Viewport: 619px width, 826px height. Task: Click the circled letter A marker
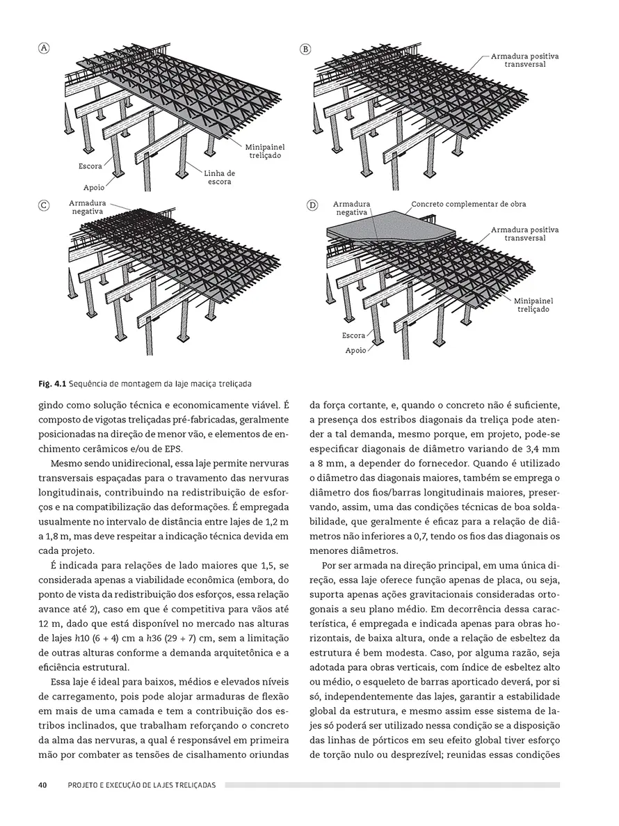click(44, 48)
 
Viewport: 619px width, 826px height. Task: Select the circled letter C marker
click(44, 206)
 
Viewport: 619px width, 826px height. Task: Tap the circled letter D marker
click(312, 206)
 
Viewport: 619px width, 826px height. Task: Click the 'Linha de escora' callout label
click(220, 177)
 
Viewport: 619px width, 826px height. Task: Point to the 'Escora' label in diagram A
click(90, 167)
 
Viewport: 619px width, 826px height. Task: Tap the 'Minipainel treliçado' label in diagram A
click(264, 152)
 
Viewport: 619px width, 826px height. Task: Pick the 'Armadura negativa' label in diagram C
click(86, 207)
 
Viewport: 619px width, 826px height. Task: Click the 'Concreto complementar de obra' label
click(468, 205)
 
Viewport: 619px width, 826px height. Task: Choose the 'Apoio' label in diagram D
click(355, 351)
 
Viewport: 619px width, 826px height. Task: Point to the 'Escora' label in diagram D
click(353, 335)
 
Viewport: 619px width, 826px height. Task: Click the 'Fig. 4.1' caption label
click(51, 383)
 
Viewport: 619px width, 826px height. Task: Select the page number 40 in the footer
click(42, 785)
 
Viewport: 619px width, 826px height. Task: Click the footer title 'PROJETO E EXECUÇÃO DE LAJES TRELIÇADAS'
click(142, 785)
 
